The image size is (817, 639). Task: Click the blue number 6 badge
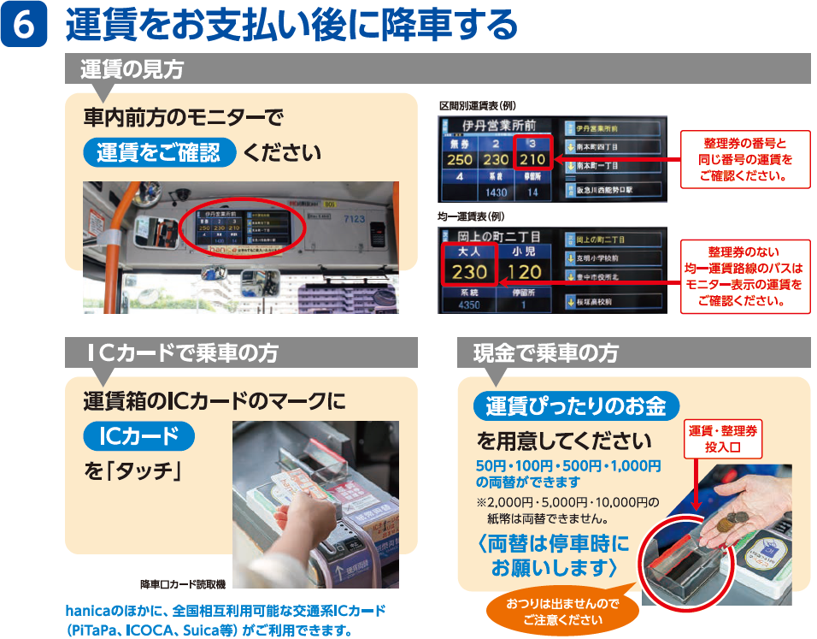[x=26, y=26]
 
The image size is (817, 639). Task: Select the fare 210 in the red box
[x=532, y=159]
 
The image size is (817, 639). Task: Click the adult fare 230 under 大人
[x=469, y=272]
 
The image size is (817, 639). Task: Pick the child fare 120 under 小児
[x=525, y=272]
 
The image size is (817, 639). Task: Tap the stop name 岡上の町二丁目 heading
[x=499, y=236]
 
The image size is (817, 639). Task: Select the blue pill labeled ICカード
[x=138, y=436]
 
